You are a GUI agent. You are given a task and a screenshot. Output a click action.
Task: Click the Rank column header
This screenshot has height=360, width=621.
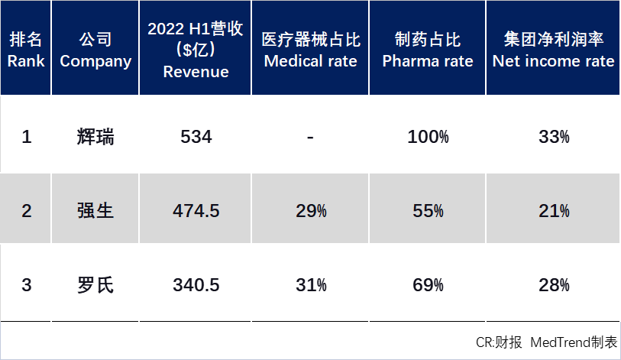(x=26, y=50)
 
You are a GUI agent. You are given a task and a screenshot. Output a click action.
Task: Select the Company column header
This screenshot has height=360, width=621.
(x=95, y=50)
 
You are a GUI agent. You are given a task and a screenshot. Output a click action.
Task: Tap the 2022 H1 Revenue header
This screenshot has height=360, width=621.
(x=196, y=50)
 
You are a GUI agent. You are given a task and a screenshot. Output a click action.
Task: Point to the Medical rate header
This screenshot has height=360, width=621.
(x=310, y=50)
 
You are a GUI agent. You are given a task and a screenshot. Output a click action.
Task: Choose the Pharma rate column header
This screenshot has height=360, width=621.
(x=427, y=50)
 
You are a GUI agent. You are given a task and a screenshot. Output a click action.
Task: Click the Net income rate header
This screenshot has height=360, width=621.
(x=553, y=50)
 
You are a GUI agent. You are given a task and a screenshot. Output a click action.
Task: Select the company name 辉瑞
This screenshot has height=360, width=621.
(x=95, y=138)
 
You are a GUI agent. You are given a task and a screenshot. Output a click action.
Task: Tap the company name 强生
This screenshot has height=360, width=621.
(x=95, y=211)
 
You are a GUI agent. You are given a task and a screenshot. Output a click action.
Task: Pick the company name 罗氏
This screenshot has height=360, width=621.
(x=95, y=285)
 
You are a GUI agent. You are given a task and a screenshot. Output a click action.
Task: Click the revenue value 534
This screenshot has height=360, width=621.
(x=196, y=138)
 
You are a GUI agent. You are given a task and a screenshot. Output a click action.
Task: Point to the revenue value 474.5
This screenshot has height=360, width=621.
(x=196, y=211)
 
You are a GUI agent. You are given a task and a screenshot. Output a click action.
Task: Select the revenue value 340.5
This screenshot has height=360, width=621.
(x=196, y=285)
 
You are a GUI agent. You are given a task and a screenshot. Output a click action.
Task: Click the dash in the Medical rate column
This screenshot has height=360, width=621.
(x=310, y=138)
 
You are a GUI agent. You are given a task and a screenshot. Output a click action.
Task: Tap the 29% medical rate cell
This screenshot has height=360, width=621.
(x=311, y=211)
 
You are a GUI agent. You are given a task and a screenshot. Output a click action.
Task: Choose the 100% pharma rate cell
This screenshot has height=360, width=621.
(x=427, y=138)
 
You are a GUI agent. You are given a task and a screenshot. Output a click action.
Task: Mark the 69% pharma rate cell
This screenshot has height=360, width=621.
(x=427, y=285)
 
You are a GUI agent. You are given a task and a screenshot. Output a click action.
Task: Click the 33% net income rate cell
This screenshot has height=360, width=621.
(x=554, y=138)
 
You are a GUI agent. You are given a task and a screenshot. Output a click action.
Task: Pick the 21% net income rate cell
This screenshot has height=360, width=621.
(x=554, y=211)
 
